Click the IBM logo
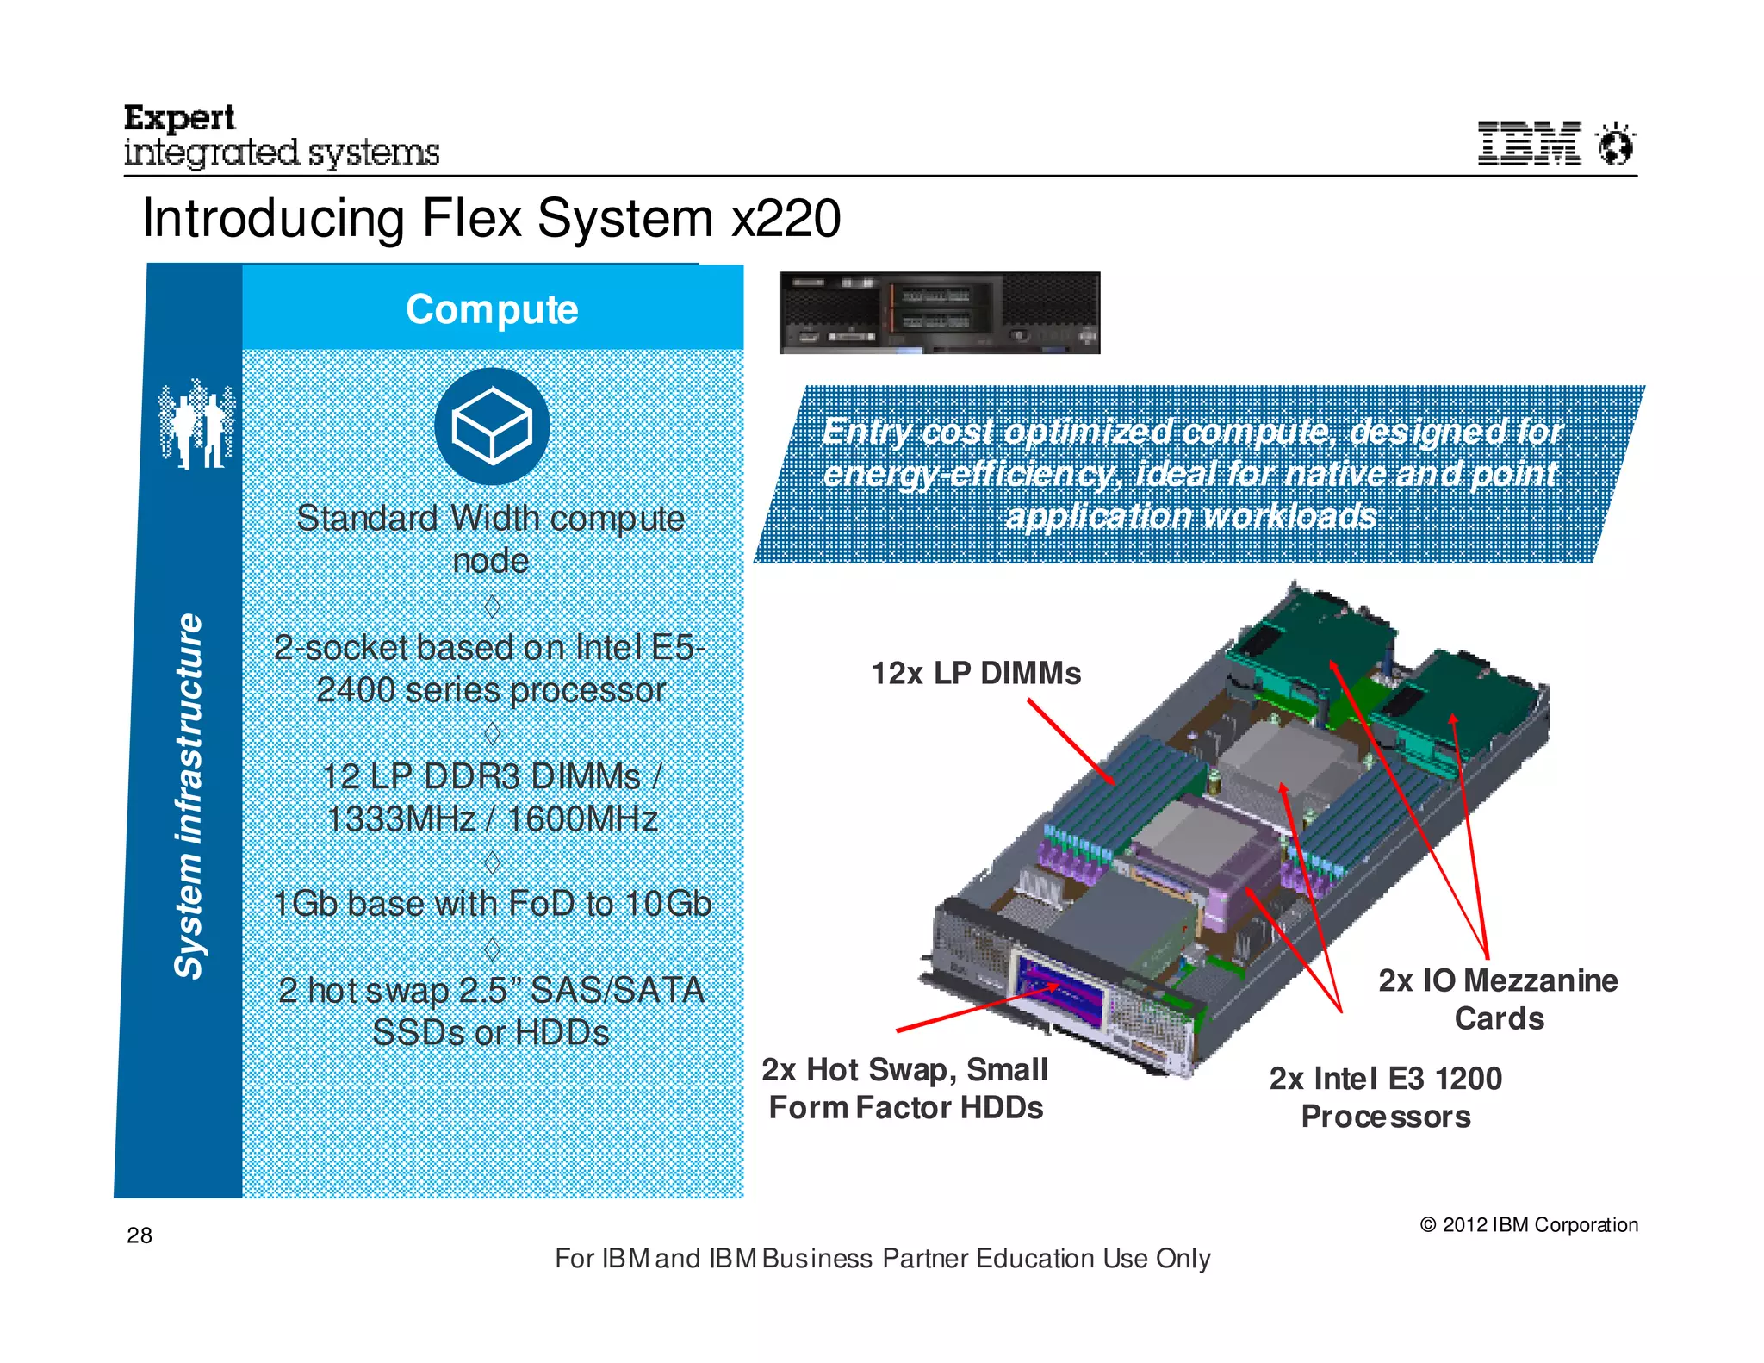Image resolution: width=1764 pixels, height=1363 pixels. coord(1529,143)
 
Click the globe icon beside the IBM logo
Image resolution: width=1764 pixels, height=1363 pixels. coord(1616,144)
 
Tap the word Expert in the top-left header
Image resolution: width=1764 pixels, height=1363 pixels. coord(179,117)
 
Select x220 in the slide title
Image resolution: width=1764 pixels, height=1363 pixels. coord(786,218)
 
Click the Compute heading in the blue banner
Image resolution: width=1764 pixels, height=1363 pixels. coord(492,309)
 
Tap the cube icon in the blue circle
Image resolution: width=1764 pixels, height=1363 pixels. coord(492,426)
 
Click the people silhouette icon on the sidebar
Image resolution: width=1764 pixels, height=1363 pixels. coord(196,424)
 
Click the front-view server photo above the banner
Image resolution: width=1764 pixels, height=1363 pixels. coord(939,313)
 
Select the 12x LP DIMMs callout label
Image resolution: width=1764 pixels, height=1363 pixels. coord(975,673)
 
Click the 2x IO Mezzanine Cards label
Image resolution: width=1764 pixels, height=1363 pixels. coord(1498,999)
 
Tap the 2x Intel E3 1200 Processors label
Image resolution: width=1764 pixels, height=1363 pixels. coord(1385,1097)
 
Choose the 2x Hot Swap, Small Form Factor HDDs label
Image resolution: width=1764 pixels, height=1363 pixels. coord(904,1088)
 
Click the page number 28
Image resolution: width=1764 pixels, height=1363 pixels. coord(140,1235)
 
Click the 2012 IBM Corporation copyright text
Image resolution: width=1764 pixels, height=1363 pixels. coord(1529,1224)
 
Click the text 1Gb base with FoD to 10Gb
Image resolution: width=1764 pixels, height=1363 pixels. coord(492,904)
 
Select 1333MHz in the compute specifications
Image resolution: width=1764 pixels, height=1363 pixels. coord(401,818)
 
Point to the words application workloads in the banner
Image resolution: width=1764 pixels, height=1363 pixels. coord(1191,516)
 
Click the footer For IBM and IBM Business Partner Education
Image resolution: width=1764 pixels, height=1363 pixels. coord(882,1258)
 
